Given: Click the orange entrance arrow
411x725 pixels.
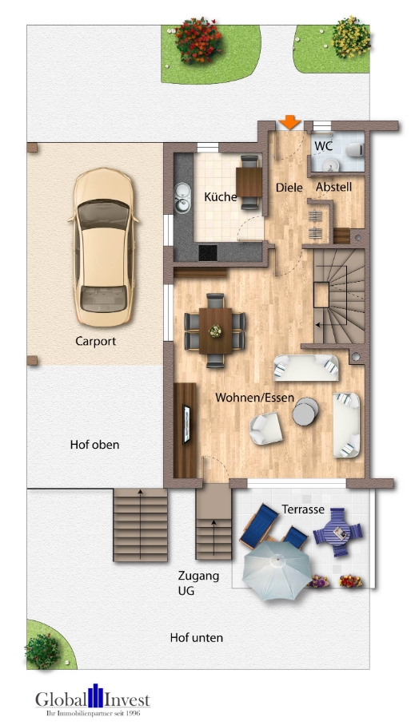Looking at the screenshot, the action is [x=289, y=122].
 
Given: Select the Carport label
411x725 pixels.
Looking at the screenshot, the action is [x=95, y=341].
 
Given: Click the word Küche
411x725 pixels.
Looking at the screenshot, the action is [x=221, y=196].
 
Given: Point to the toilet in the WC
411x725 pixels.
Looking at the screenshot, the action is [x=356, y=150].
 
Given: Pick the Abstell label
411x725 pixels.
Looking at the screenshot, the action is [x=333, y=188].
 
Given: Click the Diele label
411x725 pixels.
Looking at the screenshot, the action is [x=289, y=188].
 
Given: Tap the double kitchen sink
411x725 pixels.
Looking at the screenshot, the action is [x=182, y=198].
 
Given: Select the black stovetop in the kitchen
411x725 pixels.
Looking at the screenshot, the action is [x=208, y=252].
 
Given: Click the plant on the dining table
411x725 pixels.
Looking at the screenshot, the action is [x=215, y=330].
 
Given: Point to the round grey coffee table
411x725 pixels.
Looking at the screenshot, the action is [x=305, y=411].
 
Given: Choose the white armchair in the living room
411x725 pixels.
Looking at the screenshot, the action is [x=266, y=428].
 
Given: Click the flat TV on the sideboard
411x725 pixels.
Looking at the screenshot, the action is [x=186, y=424].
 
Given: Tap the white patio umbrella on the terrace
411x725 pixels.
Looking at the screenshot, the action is [x=277, y=570].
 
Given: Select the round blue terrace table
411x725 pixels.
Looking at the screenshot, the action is [x=338, y=533].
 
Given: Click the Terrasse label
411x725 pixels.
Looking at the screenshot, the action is [x=303, y=509].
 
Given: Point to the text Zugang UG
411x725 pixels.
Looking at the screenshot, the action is [x=198, y=584].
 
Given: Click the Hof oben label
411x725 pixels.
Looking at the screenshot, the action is [x=94, y=445].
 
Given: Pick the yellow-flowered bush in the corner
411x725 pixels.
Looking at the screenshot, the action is [x=351, y=37].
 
